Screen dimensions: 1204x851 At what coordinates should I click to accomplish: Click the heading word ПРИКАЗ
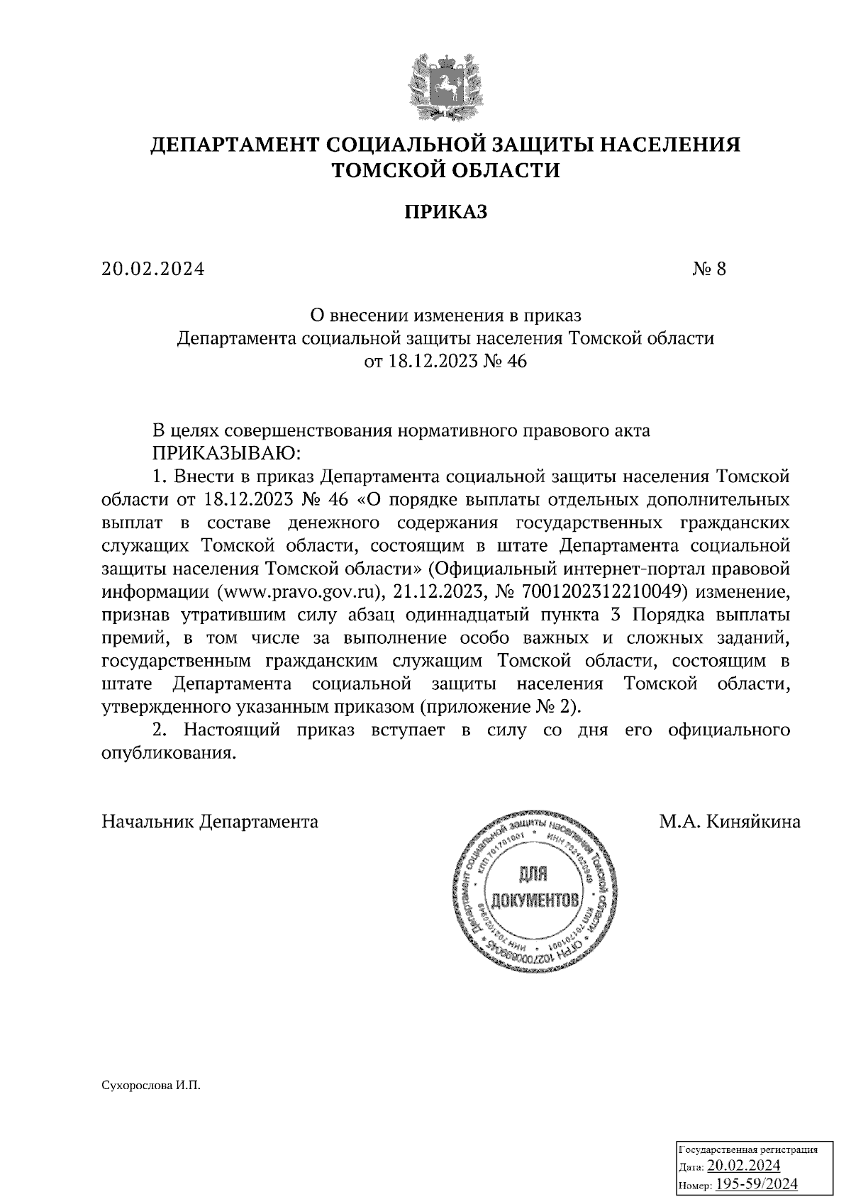[446, 212]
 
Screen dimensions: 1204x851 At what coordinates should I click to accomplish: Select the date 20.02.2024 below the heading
[152, 269]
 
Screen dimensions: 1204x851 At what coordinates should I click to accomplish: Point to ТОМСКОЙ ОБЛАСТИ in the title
[446, 171]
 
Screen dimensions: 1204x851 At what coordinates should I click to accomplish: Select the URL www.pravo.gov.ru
[300, 592]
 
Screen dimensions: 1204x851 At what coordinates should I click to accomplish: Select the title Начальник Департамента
[210, 822]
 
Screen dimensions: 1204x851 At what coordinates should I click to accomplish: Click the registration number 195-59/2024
[757, 1183]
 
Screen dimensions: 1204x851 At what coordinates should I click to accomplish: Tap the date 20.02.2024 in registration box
[744, 1166]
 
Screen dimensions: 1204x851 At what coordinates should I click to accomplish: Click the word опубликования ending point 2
[167, 753]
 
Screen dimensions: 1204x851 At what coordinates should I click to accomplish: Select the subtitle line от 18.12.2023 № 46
[446, 362]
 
